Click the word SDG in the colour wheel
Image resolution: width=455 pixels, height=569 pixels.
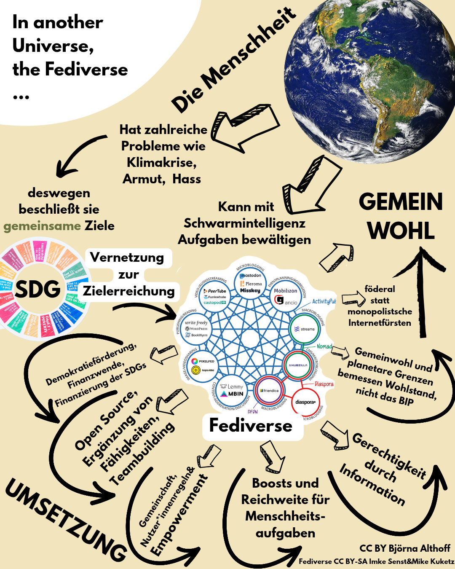click(38, 289)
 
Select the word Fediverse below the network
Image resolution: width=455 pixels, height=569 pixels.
click(251, 425)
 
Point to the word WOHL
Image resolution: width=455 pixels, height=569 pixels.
click(401, 231)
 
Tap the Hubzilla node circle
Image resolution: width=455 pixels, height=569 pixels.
click(298, 365)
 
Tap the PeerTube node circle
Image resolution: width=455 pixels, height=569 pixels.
click(215, 294)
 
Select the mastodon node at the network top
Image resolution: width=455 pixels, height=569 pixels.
click(251, 283)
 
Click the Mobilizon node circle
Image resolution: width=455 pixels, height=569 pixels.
click(286, 296)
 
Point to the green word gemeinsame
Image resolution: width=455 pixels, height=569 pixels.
click(42, 226)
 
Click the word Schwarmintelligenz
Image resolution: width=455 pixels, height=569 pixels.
click(244, 223)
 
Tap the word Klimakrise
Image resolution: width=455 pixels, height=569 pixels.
click(162, 162)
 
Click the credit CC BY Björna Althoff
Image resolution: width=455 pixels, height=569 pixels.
click(404, 548)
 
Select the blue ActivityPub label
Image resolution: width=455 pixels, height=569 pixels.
click(324, 301)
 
